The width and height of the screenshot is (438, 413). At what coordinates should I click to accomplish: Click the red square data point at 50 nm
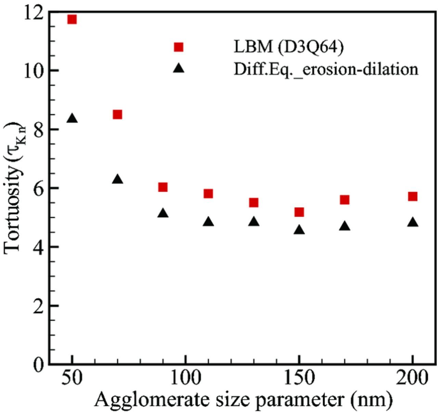coord(72,19)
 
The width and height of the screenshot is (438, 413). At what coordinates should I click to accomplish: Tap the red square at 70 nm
coord(117,114)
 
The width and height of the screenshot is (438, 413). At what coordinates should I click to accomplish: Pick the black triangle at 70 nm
coord(117,179)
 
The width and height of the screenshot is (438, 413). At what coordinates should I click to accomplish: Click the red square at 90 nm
coord(163,187)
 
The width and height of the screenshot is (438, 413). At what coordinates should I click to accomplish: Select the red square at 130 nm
coord(254,203)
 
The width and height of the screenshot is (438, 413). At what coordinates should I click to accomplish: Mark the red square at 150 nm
coord(299,212)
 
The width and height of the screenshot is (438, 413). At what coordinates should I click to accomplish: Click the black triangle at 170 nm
coord(345,226)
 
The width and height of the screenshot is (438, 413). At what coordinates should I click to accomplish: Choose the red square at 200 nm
coord(413,196)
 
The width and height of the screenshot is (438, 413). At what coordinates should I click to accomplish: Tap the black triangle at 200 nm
coord(413,222)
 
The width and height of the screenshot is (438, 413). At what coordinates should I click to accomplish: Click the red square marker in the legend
coord(179,47)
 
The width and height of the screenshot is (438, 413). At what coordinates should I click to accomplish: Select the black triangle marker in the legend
coord(179,68)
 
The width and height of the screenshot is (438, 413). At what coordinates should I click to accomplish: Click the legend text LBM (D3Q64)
coord(288,47)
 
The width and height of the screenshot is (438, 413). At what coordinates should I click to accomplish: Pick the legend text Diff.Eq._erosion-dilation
coord(326,69)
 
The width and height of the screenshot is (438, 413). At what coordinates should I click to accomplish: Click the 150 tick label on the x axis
coord(299,378)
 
